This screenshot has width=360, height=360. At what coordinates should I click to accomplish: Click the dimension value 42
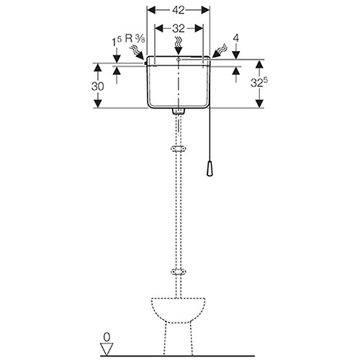pyautogui.click(x=179, y=10)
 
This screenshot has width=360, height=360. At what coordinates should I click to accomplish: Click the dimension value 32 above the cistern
pyautogui.click(x=179, y=29)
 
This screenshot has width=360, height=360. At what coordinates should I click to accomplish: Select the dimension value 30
pyautogui.click(x=97, y=86)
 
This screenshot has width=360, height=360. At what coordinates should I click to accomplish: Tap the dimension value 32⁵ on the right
pyautogui.click(x=259, y=82)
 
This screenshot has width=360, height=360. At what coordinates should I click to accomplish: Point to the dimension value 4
pyautogui.click(x=236, y=38)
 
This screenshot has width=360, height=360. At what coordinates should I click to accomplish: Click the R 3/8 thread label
pyautogui.click(x=135, y=39)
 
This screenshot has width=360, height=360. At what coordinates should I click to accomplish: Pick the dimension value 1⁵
pyautogui.click(x=117, y=41)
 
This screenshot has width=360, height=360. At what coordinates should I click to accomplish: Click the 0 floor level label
pyautogui.click(x=107, y=337)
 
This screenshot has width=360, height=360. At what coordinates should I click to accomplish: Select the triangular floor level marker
pyautogui.click(x=107, y=349)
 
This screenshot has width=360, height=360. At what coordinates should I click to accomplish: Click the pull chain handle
pyautogui.click(x=210, y=168)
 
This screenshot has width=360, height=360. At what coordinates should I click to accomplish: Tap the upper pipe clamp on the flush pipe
pyautogui.click(x=179, y=149)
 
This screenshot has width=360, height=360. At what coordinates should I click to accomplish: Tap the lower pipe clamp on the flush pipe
pyautogui.click(x=179, y=272)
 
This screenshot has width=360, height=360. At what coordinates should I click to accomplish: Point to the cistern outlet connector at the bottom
pyautogui.click(x=179, y=111)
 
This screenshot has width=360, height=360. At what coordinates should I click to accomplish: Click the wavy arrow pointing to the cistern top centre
pyautogui.click(x=179, y=45)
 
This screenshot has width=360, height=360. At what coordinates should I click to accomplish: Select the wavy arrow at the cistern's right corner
pyautogui.click(x=219, y=51)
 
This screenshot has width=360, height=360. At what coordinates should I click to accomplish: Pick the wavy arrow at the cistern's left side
pyautogui.click(x=138, y=53)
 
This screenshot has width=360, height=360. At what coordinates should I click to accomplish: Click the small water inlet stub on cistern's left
pyautogui.click(x=145, y=63)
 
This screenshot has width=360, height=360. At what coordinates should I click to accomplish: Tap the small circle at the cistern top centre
pyautogui.click(x=179, y=59)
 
